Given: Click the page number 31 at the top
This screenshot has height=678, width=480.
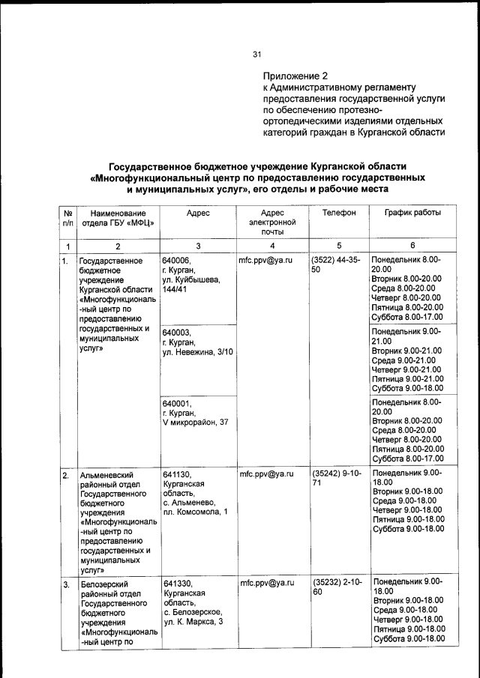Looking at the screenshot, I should tap(256, 54).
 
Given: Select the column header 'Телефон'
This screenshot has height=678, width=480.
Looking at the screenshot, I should tap(338, 214).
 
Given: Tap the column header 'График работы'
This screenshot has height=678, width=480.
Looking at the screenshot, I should tap(412, 214).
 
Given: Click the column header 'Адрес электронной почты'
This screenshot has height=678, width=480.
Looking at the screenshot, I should tap(271, 223).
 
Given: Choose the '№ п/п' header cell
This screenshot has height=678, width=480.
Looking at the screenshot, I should tap(67, 218).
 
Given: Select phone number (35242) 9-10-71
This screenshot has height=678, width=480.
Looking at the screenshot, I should tap(336, 479).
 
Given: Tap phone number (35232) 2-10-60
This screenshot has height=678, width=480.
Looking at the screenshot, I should tap(336, 587).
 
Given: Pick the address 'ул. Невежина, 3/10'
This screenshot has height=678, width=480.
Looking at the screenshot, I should tap(198, 352).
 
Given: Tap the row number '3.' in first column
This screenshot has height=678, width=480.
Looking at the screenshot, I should tap(67, 584).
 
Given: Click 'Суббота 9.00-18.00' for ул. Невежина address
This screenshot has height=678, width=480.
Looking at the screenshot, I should tap(408, 388).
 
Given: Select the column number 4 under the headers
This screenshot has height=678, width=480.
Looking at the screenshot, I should tap(272, 246).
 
